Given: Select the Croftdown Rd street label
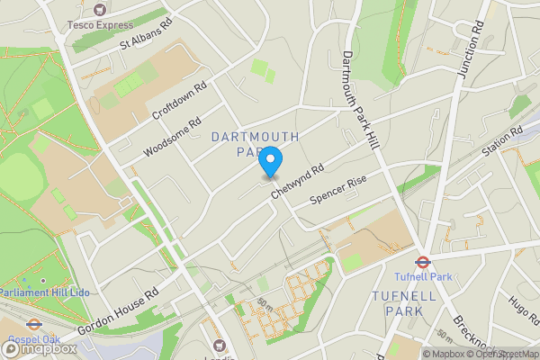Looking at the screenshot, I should click(x=180, y=103).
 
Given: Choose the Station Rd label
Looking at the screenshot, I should click(x=502, y=143).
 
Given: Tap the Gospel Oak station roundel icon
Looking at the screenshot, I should click(x=34, y=325).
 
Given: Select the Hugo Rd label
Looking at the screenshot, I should click(x=521, y=312).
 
